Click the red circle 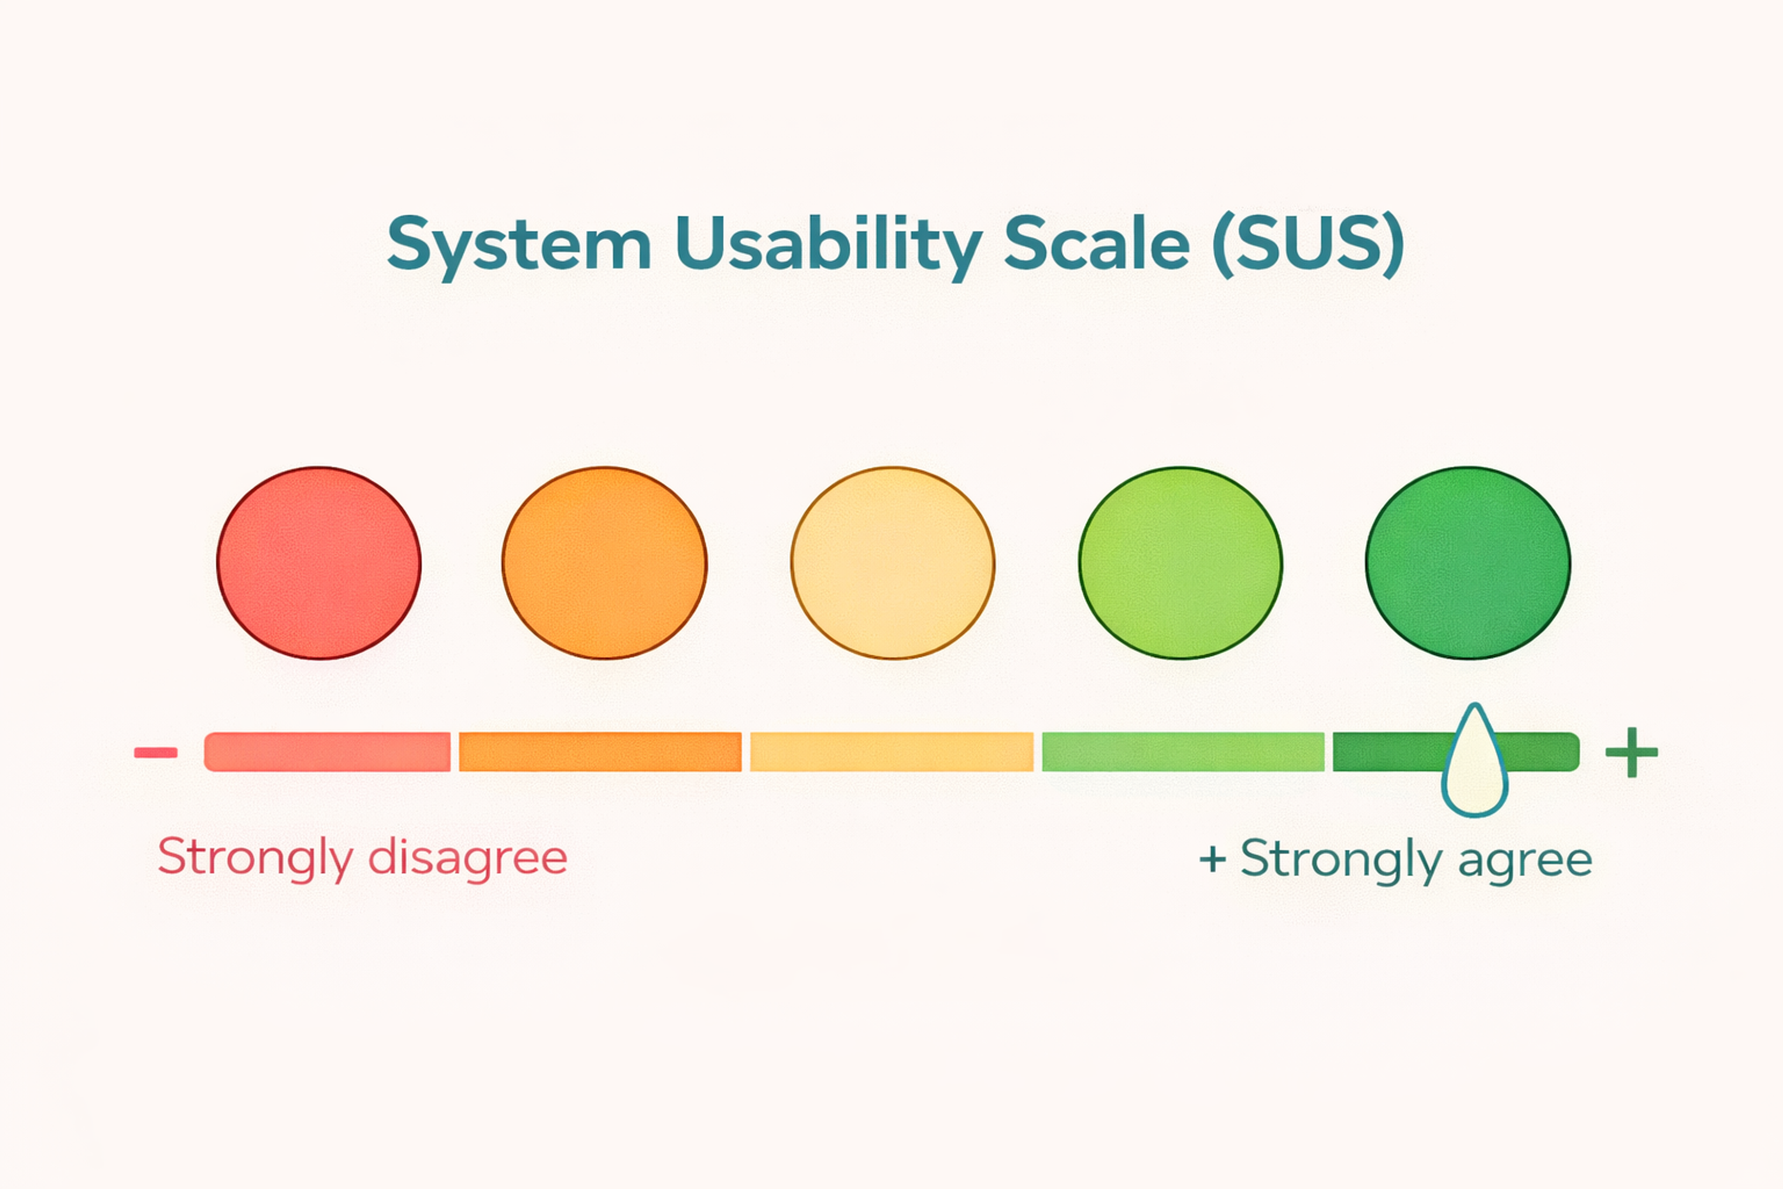point(319,562)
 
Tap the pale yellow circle point(893,562)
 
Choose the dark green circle point(1468,562)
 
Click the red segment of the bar point(327,751)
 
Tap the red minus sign point(156,752)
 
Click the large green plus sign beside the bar point(1631,752)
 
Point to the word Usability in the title point(828,244)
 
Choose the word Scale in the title point(1097,244)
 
